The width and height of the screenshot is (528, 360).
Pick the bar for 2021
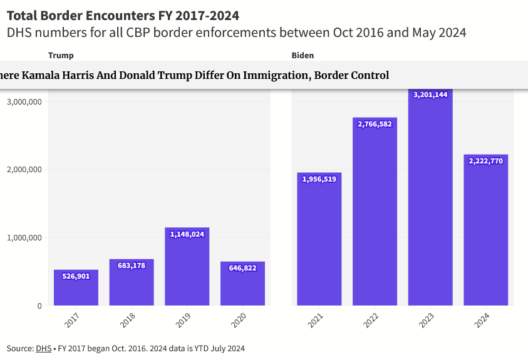pyautogui.click(x=319, y=244)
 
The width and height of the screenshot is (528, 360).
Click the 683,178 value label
pyautogui.click(x=132, y=265)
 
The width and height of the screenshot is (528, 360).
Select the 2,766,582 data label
pyautogui.click(x=375, y=124)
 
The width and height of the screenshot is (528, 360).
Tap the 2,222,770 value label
pyautogui.click(x=486, y=161)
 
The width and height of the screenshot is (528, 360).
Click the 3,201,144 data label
pyautogui.click(x=430, y=95)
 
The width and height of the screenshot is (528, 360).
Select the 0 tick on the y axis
pyautogui.click(x=39, y=306)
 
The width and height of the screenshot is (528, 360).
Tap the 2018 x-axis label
pyautogui.click(x=128, y=320)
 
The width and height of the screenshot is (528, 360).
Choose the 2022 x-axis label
pyautogui.click(x=371, y=320)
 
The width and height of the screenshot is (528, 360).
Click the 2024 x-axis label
pyautogui.click(x=482, y=320)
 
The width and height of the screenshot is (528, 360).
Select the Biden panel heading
pyautogui.click(x=303, y=56)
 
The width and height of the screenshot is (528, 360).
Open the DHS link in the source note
pyautogui.click(x=43, y=348)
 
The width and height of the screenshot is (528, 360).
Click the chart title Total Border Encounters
pyautogui.click(x=123, y=15)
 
